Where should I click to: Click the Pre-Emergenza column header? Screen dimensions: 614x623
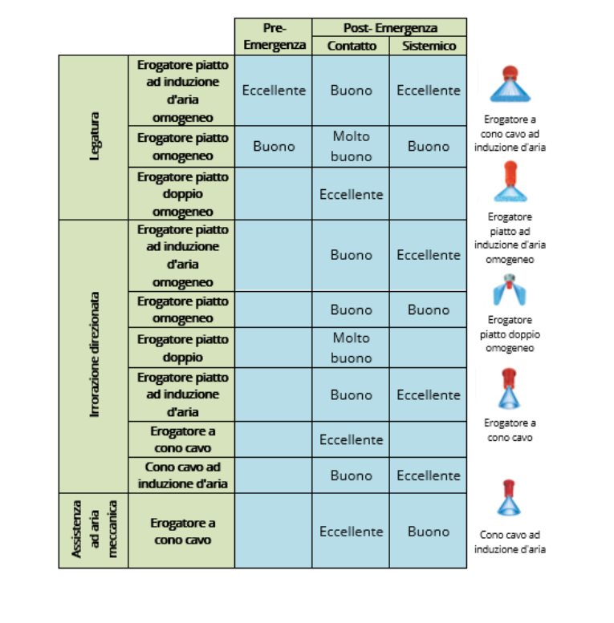pos(274,37)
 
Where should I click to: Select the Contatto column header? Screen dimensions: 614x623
pos(351,46)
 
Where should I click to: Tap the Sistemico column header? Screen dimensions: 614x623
pos(429,46)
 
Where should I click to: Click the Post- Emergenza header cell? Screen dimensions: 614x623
pos(390,28)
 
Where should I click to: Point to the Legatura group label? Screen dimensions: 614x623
pos(94,137)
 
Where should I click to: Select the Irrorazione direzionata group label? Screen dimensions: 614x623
pos(94,354)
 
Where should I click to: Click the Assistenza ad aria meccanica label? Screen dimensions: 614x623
pos(94,529)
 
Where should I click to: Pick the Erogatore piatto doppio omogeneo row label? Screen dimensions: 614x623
pos(182,194)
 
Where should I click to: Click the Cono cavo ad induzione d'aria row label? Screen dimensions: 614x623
pos(182,475)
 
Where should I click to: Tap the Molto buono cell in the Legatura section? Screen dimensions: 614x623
pos(351,146)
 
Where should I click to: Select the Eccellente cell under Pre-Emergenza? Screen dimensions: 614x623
pos(274,90)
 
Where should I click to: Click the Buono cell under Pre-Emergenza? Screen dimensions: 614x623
pos(274,146)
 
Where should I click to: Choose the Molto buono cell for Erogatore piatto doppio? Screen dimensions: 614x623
pos(351,348)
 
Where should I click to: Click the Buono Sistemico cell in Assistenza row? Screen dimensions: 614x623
pos(429,532)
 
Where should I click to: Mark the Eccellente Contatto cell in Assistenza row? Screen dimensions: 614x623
pos(351,532)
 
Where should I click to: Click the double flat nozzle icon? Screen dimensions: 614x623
pos(510,290)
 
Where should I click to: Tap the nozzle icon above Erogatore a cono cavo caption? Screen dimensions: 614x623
pos(509,389)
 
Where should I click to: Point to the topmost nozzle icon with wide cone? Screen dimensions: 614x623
pos(510,84)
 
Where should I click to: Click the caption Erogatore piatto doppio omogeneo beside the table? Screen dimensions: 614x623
pos(510,334)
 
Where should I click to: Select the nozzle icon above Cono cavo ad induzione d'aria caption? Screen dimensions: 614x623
pos(509,498)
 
